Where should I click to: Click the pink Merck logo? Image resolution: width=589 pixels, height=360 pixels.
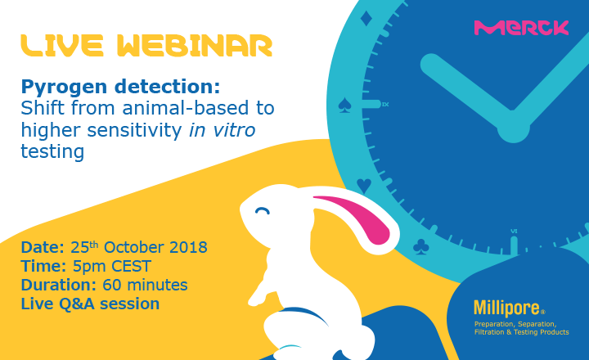[521, 28]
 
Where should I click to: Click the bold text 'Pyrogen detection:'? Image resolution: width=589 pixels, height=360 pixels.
[120, 88]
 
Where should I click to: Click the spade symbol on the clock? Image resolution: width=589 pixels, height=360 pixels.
[344, 105]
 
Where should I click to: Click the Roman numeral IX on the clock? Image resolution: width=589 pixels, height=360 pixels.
[385, 105]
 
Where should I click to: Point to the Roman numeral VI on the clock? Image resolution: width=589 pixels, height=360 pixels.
[514, 231]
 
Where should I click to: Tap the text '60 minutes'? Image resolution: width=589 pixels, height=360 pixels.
[145, 285]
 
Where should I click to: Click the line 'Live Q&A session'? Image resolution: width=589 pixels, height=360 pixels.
[90, 304]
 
